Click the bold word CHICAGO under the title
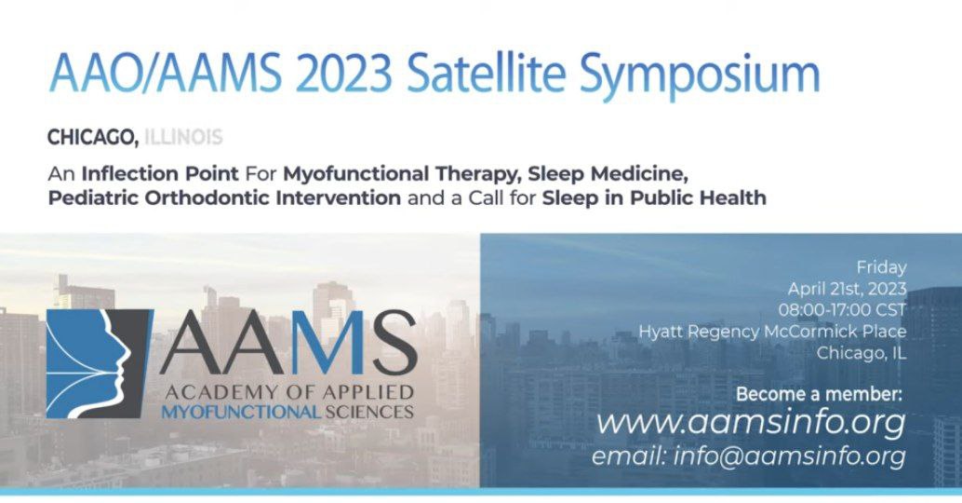click(93, 138)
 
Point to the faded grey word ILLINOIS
click(183, 136)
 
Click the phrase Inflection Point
click(160, 174)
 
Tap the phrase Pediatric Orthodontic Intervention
click(224, 197)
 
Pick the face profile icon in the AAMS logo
click(99, 363)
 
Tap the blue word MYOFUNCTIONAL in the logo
click(240, 412)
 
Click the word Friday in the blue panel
click(881, 267)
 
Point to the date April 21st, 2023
click(847, 289)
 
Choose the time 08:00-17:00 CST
click(842, 309)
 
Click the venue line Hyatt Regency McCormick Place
click(772, 332)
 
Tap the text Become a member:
click(820, 394)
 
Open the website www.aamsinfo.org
click(751, 423)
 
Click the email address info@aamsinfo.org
click(790, 456)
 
